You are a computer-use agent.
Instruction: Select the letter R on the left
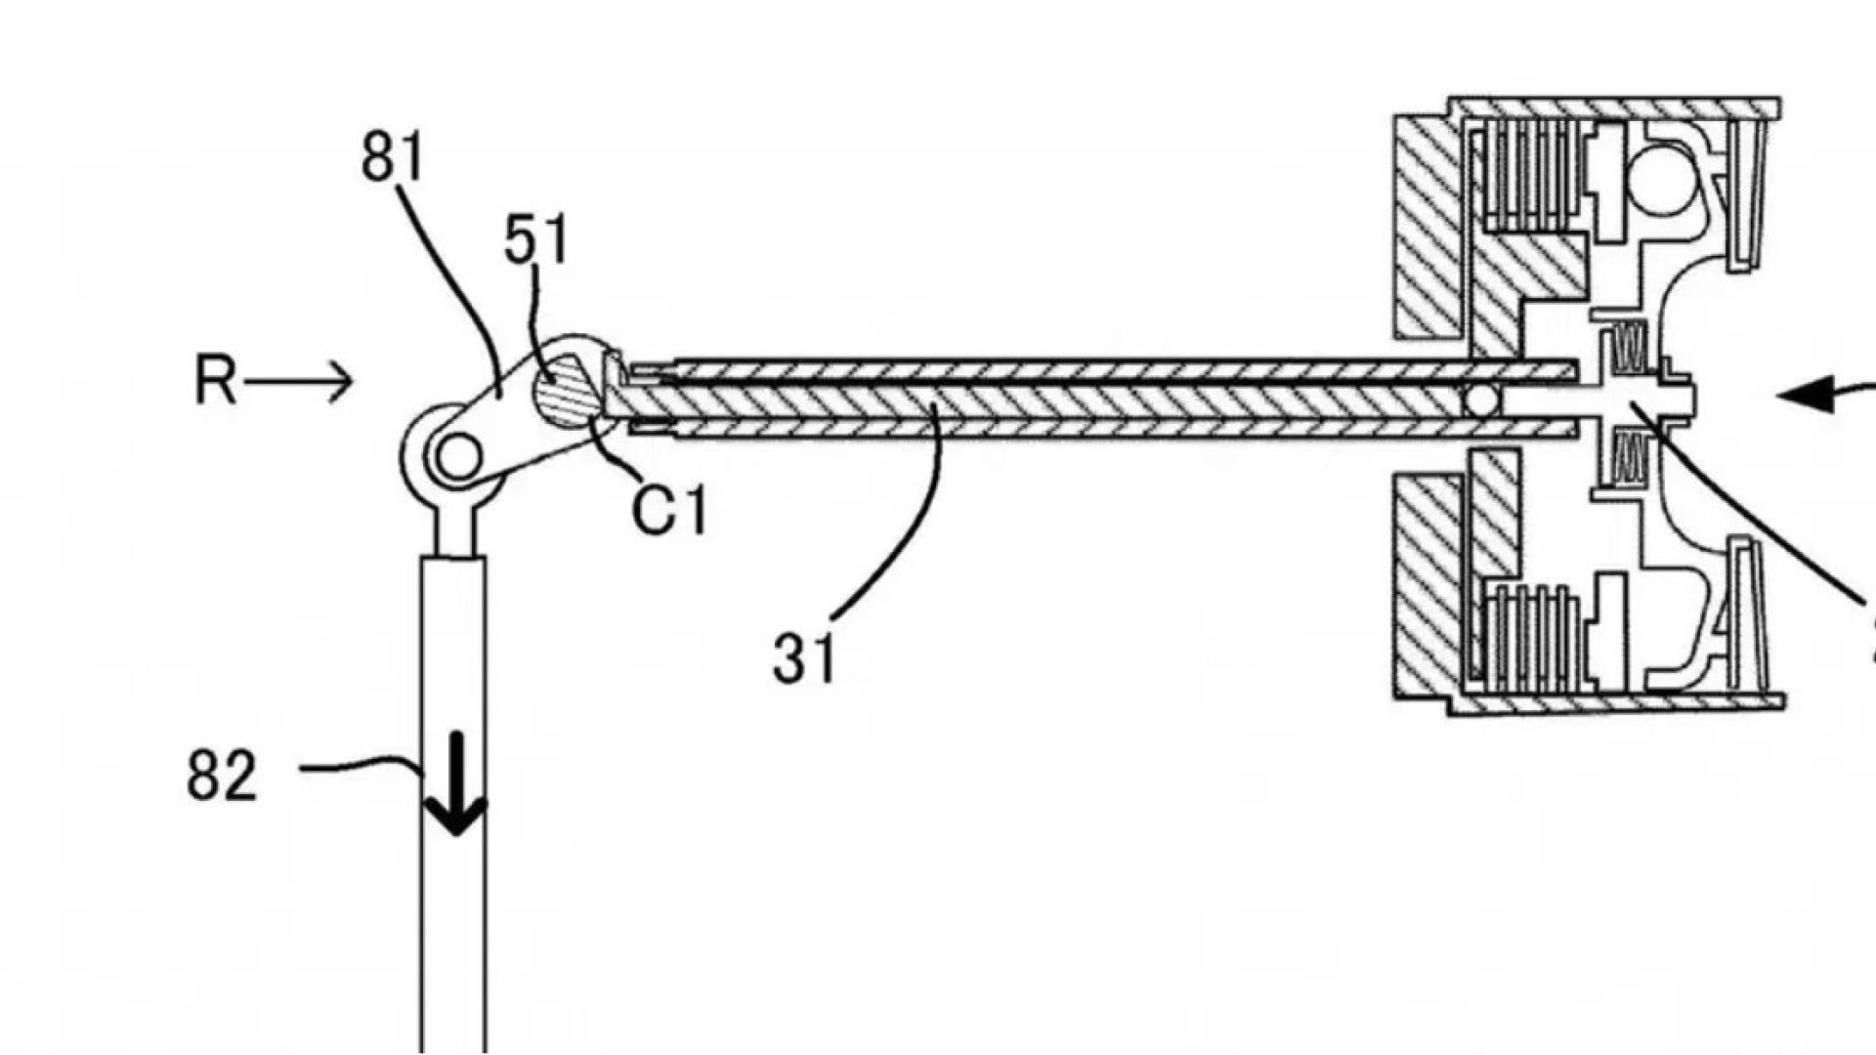215,381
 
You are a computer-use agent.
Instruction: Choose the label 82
222,777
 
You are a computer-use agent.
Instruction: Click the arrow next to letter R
299,381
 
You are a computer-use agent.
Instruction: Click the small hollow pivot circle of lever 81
456,457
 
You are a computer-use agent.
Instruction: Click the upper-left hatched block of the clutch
1428,226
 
